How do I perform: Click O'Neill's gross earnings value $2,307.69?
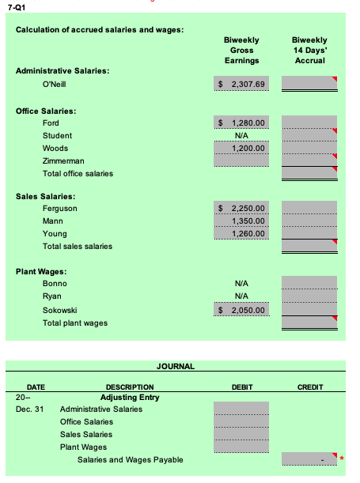tap(242, 83)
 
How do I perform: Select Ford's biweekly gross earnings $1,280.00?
tap(242, 123)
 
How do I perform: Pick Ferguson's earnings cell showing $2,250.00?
tap(242, 208)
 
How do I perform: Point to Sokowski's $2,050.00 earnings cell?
tap(242, 310)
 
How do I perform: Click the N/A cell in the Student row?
tap(243, 135)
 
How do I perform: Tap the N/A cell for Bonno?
tap(243, 283)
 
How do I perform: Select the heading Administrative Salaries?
tap(63, 70)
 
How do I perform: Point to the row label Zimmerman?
tap(63, 160)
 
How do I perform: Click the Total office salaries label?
tap(78, 173)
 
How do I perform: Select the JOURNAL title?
tap(176, 366)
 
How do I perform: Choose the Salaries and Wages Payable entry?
tap(130, 459)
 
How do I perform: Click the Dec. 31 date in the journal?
tap(28, 409)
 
